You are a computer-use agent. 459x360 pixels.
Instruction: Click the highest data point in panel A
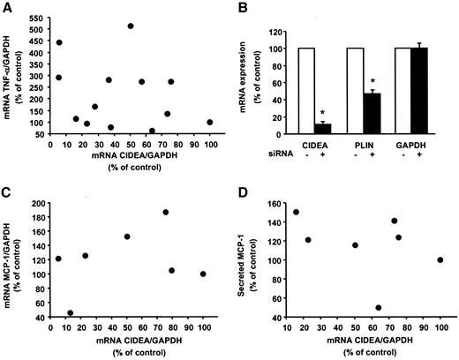131,26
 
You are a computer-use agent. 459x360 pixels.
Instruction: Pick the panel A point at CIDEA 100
210,123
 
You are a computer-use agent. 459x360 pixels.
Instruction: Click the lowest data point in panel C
70,312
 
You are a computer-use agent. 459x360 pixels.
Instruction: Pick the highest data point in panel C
165,212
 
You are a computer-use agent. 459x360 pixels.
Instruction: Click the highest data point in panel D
296,212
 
